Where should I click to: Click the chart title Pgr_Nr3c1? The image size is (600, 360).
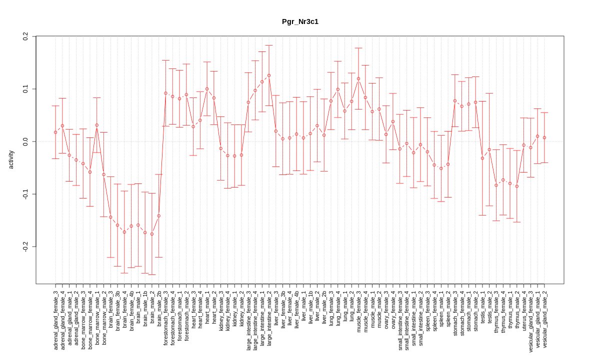click(x=300, y=21)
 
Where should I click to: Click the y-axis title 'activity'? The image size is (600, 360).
click(x=11, y=158)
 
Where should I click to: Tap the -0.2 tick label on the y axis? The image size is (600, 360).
click(x=25, y=246)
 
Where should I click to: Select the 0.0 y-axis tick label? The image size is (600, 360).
click(x=25, y=141)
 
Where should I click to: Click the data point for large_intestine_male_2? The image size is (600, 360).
click(x=269, y=75)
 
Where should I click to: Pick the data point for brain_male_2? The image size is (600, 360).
click(x=152, y=234)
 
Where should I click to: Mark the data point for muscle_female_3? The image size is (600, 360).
click(x=358, y=78)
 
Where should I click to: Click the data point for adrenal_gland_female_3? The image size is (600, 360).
click(x=55, y=132)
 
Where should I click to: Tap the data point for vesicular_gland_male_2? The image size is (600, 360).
click(x=544, y=137)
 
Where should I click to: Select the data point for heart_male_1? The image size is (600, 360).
click(x=207, y=89)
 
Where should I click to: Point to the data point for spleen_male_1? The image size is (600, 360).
click(x=441, y=168)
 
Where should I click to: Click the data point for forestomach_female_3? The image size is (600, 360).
click(x=165, y=93)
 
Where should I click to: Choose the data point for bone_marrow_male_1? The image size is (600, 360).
click(x=97, y=125)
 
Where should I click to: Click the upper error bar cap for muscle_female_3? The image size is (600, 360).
click(x=358, y=48)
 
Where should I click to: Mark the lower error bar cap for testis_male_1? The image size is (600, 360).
click(x=482, y=215)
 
